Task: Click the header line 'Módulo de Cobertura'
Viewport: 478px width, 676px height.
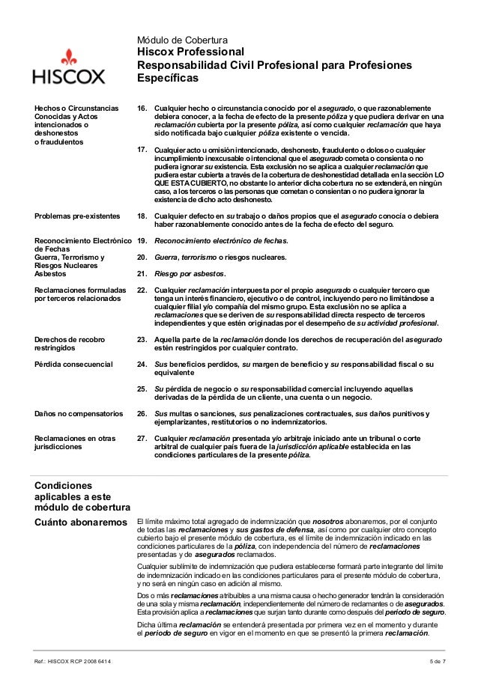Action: click(182, 39)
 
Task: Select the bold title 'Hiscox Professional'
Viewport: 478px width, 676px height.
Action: click(190, 52)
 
